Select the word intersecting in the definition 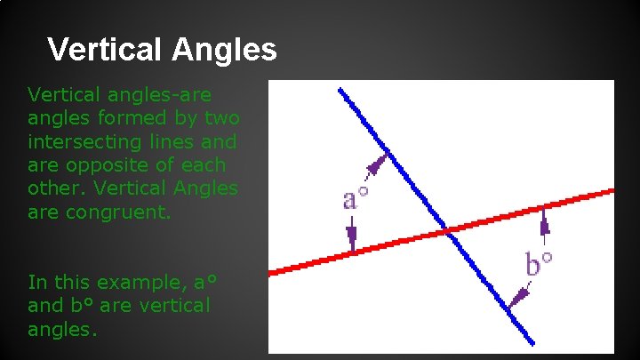[x=84, y=141]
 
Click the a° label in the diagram [x=356, y=197]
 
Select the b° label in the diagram [x=539, y=263]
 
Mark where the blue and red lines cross [x=450, y=232]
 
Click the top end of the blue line [x=340, y=90]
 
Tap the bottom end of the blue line [x=532, y=342]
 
